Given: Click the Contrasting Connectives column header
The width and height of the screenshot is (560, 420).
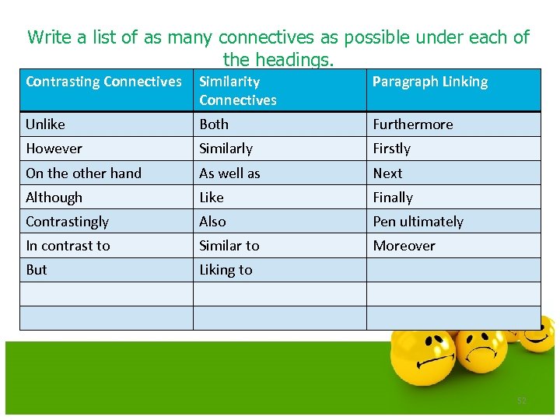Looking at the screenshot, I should click(x=103, y=82).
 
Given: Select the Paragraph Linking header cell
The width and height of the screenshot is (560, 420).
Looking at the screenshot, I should click(x=430, y=82).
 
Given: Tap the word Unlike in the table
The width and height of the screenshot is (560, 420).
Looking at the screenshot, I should click(x=46, y=124).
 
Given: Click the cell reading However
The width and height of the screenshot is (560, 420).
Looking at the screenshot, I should click(x=54, y=149).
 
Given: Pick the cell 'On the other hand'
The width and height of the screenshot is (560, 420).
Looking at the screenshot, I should click(x=83, y=173).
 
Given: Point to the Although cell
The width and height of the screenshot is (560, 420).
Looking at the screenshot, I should click(x=54, y=198).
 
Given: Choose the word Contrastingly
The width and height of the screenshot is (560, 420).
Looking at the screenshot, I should click(x=67, y=222).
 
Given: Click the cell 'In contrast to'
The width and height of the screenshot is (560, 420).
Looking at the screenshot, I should click(x=68, y=246).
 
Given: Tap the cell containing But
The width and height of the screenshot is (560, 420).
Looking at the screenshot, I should click(x=37, y=270).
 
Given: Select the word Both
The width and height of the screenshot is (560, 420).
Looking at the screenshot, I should click(x=214, y=124).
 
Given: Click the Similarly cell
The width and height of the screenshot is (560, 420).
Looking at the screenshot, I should click(x=226, y=149).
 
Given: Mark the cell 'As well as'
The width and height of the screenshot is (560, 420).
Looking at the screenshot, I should click(x=229, y=173).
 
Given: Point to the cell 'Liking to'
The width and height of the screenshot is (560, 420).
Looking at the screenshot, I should click(x=226, y=270).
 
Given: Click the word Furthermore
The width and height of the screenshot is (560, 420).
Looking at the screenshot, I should click(x=412, y=124).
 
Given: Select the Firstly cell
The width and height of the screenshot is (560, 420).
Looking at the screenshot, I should click(x=391, y=149).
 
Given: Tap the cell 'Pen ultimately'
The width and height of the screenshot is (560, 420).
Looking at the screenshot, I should click(x=418, y=222).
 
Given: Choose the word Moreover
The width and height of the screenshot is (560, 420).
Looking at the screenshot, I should click(x=404, y=246).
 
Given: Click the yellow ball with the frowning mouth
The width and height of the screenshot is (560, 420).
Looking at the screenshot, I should click(x=483, y=350).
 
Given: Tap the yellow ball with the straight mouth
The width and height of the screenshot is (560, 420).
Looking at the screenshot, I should click(x=425, y=366).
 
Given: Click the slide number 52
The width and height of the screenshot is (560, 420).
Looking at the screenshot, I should click(x=522, y=401).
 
